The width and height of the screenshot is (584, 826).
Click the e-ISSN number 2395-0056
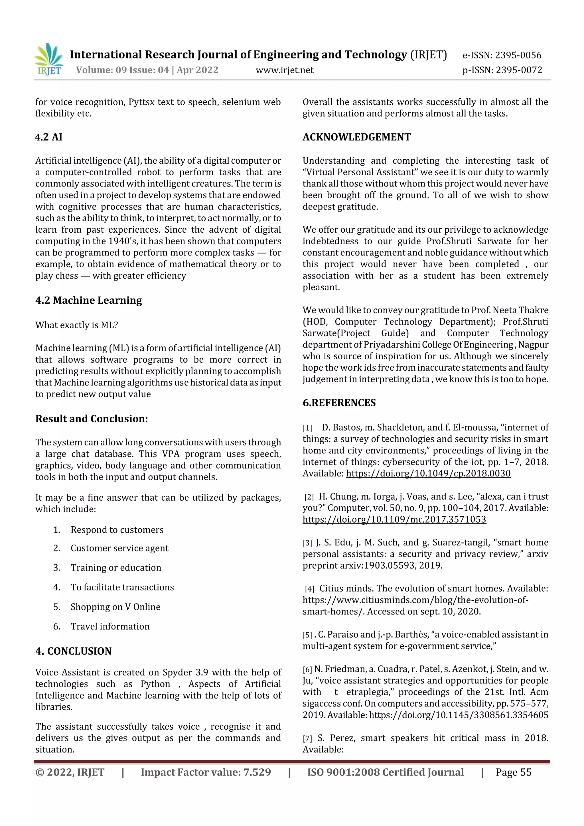518,55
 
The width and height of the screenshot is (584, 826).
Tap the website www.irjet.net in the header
284,70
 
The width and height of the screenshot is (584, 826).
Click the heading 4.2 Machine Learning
88,301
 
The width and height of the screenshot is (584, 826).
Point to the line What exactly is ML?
77,325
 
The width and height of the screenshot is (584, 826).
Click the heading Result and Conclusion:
92,419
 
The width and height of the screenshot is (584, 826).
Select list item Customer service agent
119,548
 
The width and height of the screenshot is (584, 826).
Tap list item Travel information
110,626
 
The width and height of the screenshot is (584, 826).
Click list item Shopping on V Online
115,607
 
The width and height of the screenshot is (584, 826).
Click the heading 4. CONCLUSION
73,651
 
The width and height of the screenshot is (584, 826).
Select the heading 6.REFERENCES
339,403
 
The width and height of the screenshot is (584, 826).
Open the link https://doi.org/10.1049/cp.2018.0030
428,473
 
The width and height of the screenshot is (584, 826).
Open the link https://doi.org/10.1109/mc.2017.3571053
394,519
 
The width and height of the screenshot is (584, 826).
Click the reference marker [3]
307,543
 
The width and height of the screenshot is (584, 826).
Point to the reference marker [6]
307,669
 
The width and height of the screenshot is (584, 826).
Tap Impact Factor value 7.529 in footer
206,772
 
